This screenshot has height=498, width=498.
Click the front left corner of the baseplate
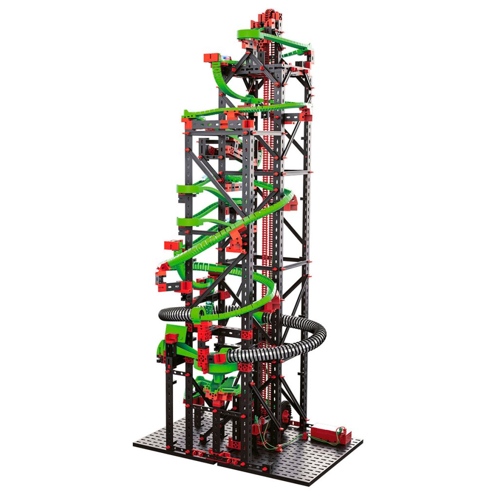pos(134,444)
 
